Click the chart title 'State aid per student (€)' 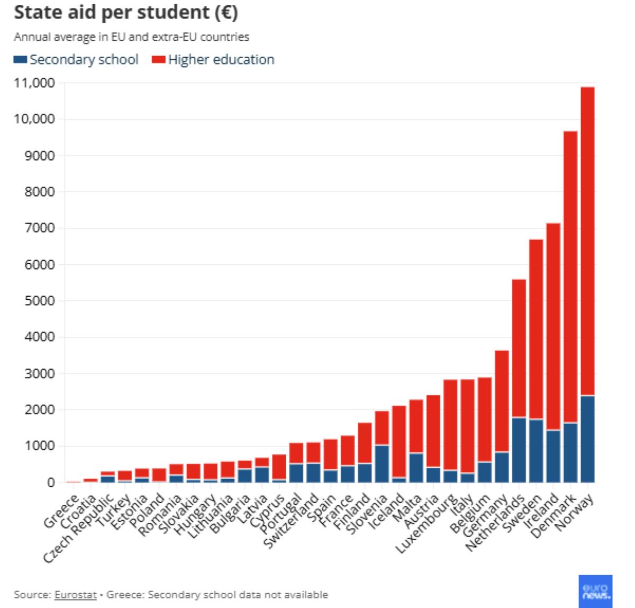(125, 13)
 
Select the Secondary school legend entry (77, 59)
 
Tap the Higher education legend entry (214, 59)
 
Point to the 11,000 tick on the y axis (33, 83)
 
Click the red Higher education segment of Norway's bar (587, 238)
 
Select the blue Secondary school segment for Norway (587, 440)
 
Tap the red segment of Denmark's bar (570, 275)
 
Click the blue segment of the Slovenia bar (382, 464)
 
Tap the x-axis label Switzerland (291, 522)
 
